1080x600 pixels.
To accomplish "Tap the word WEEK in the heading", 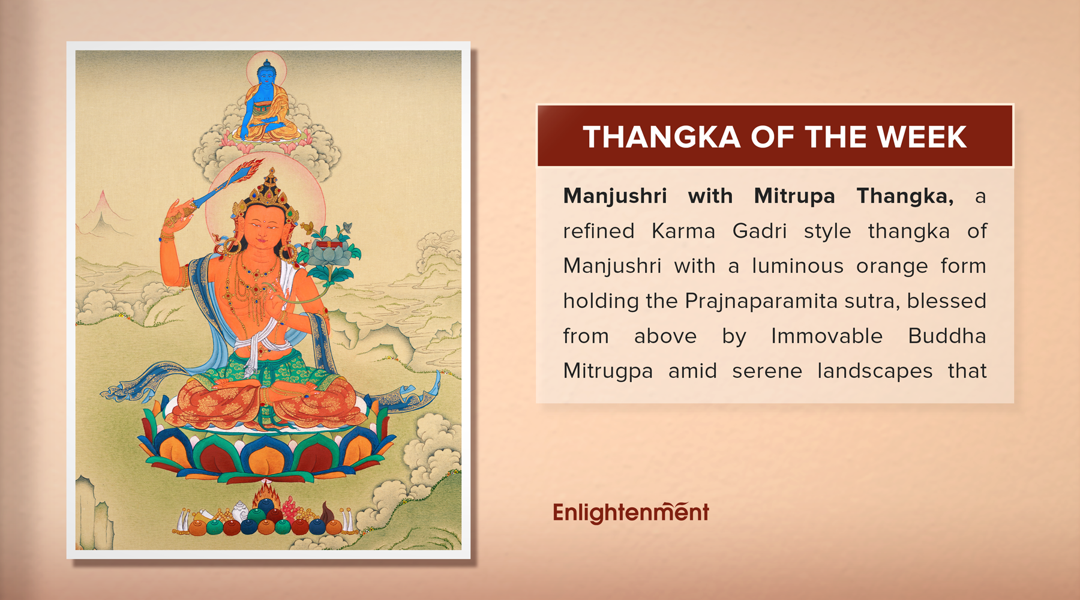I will pos(922,137).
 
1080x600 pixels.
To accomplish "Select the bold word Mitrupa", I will pos(794,196).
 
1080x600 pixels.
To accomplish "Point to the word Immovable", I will pos(826,336).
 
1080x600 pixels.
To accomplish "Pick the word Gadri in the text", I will pos(759,231).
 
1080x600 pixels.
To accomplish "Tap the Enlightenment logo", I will pos(631,512).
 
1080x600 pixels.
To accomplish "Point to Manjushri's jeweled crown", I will pos(271,192).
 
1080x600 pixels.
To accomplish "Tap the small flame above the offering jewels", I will pos(266,497).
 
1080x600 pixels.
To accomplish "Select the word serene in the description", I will pos(767,371).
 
